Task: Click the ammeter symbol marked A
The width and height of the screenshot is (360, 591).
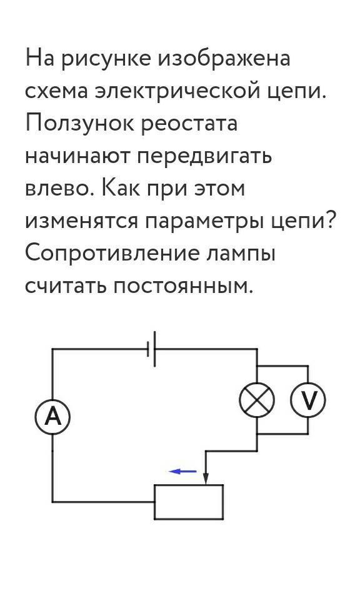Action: tap(52, 417)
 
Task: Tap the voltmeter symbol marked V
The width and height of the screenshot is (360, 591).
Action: tap(308, 400)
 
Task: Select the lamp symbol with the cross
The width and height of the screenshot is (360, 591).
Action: tap(257, 400)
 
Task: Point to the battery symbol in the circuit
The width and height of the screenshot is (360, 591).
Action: tap(151, 349)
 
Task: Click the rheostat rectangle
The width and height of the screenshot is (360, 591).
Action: tap(189, 502)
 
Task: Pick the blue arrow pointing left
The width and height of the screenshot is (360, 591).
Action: tap(183, 471)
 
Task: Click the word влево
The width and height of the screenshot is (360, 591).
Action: tap(59, 189)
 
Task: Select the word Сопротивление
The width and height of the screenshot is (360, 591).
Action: tap(112, 254)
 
